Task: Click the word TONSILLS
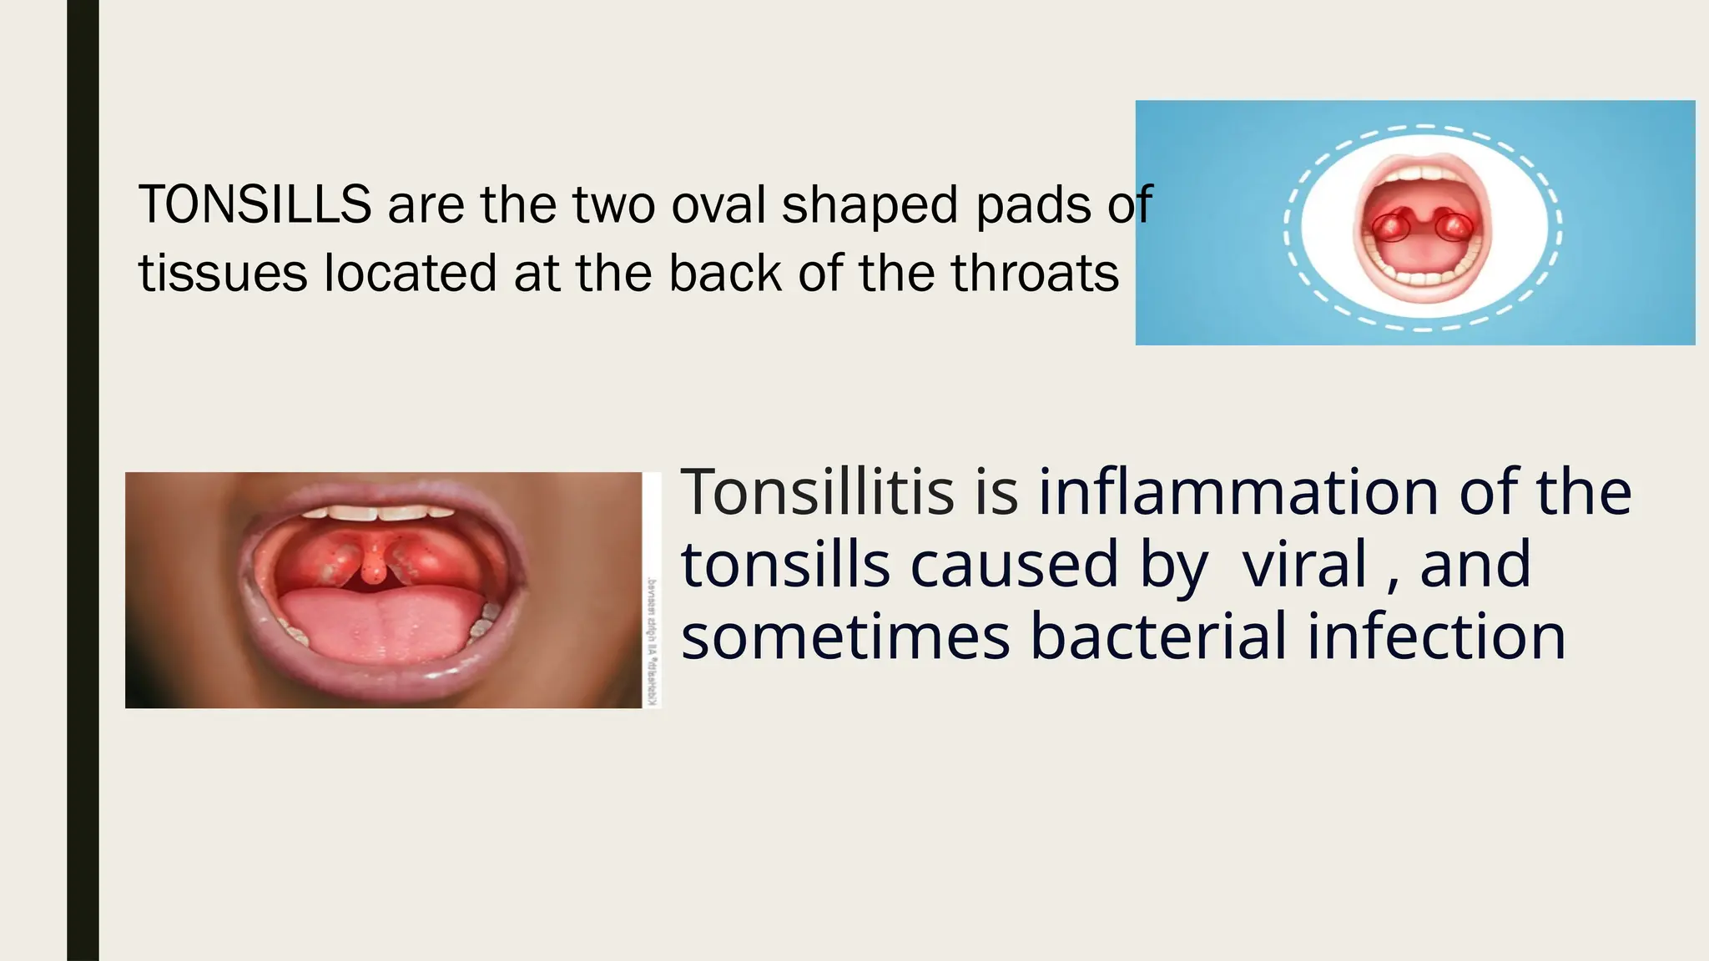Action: coord(255,205)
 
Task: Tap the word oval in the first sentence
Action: coord(718,205)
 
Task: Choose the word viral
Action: coord(1304,565)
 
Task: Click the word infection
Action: coord(1435,636)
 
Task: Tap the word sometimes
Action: coord(845,636)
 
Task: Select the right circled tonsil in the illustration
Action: coord(1454,225)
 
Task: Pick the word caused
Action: coord(1013,565)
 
